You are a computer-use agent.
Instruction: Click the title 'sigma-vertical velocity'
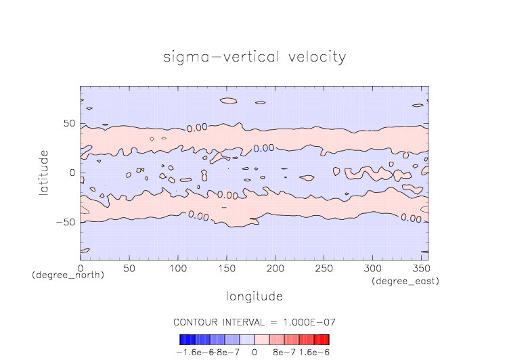pyautogui.click(x=255, y=57)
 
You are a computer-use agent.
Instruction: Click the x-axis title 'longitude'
pyautogui.click(x=255, y=296)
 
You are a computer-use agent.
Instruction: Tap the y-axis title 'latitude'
pyautogui.click(x=43, y=173)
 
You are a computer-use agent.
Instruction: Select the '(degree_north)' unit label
pyautogui.click(x=68, y=276)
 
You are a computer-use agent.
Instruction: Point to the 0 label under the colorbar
pyautogui.click(x=254, y=352)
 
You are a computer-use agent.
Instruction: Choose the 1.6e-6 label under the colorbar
pyautogui.click(x=314, y=352)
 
